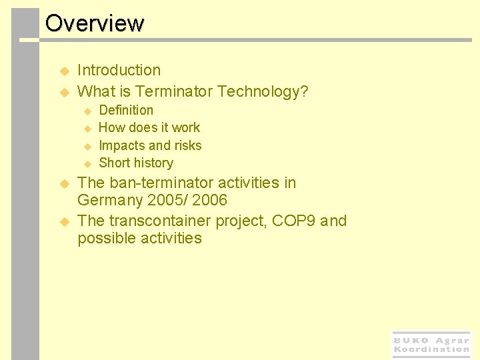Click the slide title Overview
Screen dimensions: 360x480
(x=94, y=23)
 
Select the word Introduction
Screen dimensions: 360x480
(x=119, y=70)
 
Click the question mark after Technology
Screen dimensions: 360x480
(x=304, y=91)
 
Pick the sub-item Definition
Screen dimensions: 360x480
(x=126, y=110)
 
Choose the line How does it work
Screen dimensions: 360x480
(x=149, y=127)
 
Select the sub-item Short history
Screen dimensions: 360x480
(x=135, y=163)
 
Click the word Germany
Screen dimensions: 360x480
(x=109, y=200)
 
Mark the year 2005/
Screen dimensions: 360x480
(x=168, y=200)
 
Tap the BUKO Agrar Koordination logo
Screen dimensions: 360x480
(x=431, y=345)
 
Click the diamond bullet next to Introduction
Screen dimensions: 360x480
(x=65, y=71)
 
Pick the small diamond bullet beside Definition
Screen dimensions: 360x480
(x=87, y=111)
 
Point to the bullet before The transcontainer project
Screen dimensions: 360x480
(x=65, y=221)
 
